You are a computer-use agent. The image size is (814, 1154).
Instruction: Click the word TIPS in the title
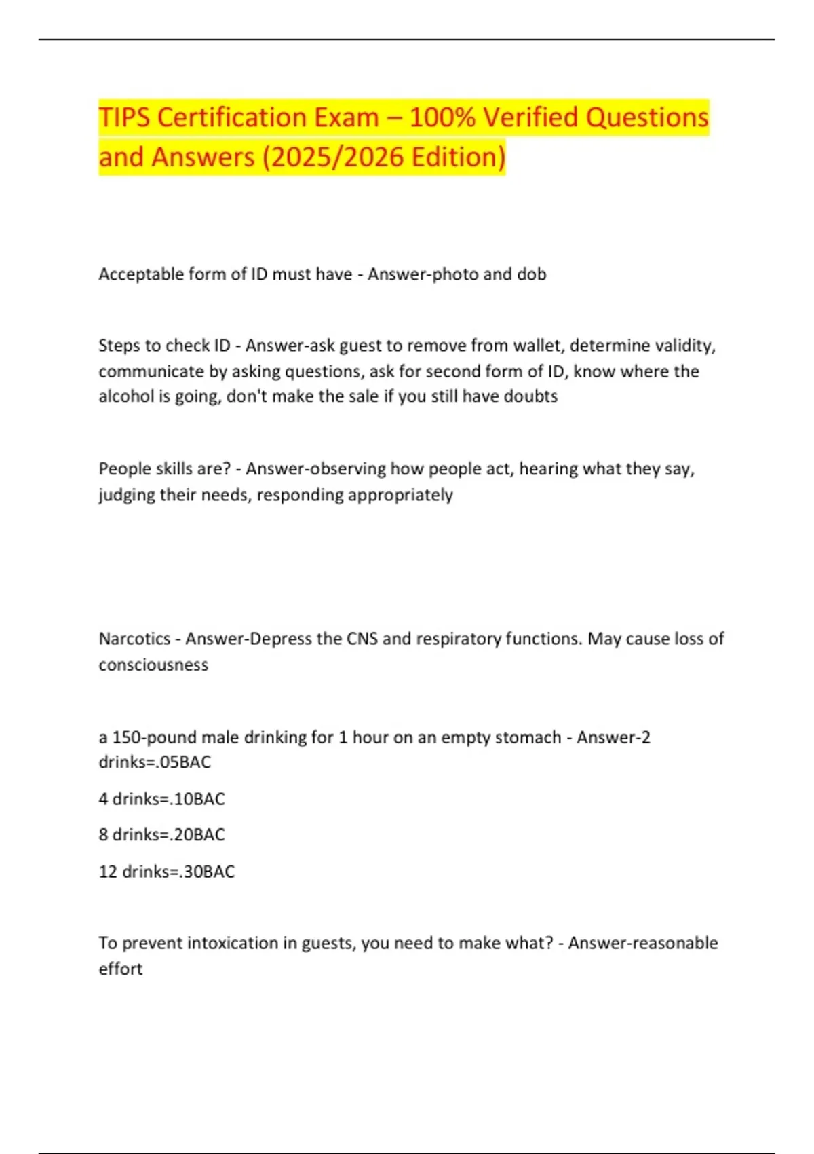point(125,117)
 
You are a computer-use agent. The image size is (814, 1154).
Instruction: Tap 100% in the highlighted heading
point(442,117)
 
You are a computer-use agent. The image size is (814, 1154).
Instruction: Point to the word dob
point(532,274)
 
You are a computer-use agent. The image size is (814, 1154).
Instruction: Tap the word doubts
point(533,396)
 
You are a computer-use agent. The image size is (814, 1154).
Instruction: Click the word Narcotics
point(134,639)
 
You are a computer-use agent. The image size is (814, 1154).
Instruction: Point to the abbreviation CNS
point(362,639)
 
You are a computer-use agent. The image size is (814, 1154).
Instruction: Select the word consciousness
point(153,665)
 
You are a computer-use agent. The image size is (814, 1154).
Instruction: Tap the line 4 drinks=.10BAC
point(161,799)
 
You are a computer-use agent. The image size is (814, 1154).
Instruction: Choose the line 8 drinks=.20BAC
point(161,835)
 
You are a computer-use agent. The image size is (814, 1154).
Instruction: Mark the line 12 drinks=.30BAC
point(167,872)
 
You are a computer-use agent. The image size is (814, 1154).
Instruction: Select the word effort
point(121,969)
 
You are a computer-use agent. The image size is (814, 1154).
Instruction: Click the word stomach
point(528,737)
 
